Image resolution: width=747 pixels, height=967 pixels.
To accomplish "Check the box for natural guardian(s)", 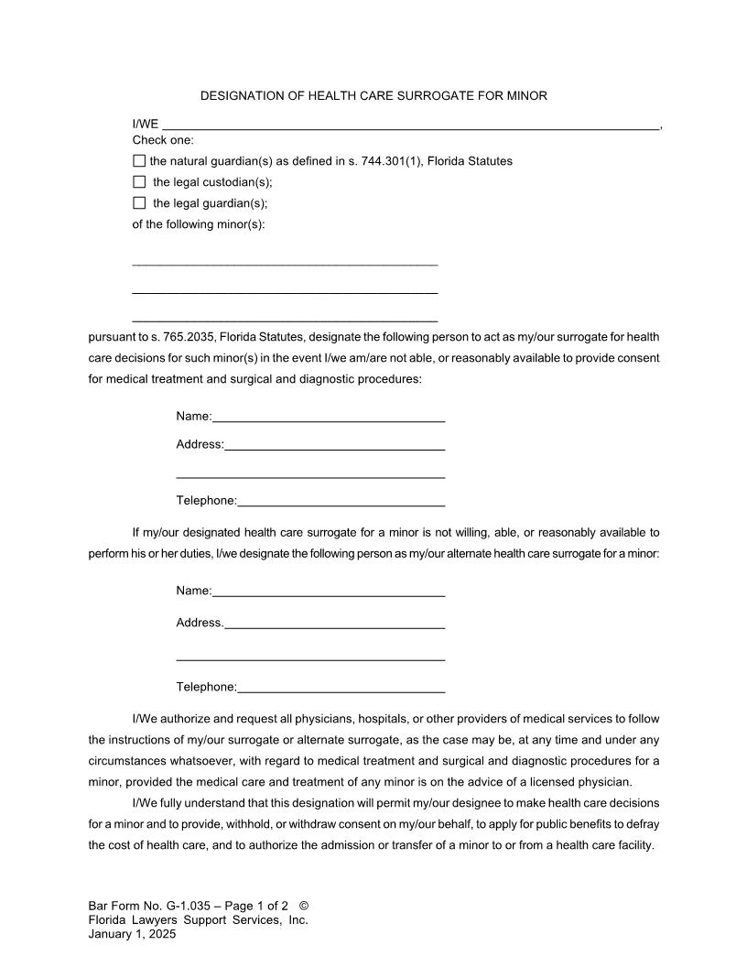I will [139, 161].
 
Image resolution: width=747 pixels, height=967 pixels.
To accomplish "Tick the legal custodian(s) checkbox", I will [139, 181].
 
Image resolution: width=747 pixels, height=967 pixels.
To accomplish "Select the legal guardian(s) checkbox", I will [139, 202].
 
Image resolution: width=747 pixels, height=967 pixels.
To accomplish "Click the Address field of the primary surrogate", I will [334, 445].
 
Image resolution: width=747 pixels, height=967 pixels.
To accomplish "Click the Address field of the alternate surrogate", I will [334, 623].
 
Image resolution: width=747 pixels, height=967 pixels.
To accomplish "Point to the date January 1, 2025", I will [132, 934].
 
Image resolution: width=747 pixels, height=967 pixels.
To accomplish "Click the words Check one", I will [163, 140].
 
